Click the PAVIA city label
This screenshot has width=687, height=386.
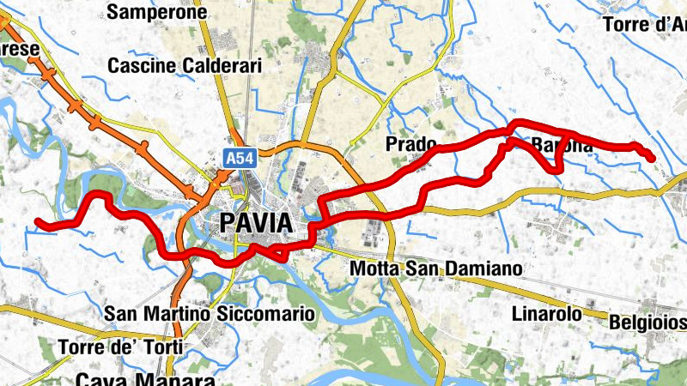click(x=256, y=223)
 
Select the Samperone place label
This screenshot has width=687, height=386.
click(x=158, y=12)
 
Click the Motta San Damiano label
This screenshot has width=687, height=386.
click(x=436, y=268)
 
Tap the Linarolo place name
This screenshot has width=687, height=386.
click(x=548, y=313)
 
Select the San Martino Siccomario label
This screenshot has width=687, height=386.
click(x=210, y=314)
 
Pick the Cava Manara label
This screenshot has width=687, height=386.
click(x=144, y=378)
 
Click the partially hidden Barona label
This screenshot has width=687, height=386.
click(x=562, y=146)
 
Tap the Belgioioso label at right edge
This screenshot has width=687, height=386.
click(x=647, y=322)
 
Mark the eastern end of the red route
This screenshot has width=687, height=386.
click(x=652, y=158)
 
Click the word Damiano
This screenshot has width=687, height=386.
click(x=483, y=268)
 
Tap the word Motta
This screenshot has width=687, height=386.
click(x=374, y=268)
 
